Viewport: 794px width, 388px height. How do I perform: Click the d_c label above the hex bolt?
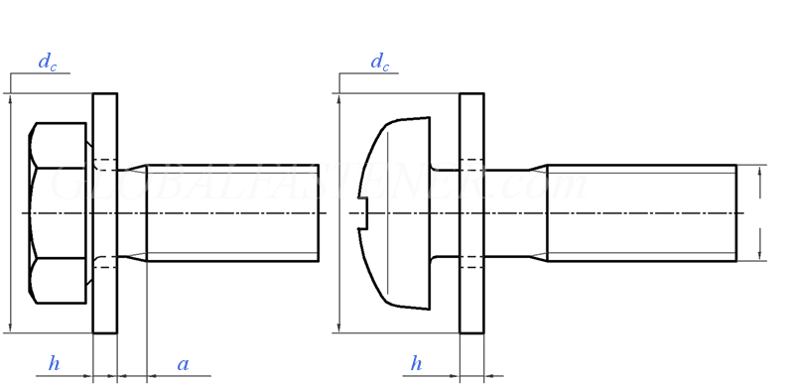tap(47, 62)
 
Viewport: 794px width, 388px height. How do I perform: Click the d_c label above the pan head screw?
tap(379, 62)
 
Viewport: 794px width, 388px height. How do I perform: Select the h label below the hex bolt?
tap(54, 364)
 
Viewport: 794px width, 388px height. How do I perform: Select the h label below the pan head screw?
tap(416, 364)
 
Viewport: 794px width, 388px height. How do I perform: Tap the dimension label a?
tap(183, 364)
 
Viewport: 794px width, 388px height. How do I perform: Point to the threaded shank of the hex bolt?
tap(233, 212)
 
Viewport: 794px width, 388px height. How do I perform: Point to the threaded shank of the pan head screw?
tap(641, 212)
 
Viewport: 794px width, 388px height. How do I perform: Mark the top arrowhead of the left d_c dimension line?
tap(10, 99)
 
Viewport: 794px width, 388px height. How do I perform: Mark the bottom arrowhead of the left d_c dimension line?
tap(10, 326)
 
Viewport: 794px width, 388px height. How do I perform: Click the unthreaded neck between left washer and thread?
tap(131, 212)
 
